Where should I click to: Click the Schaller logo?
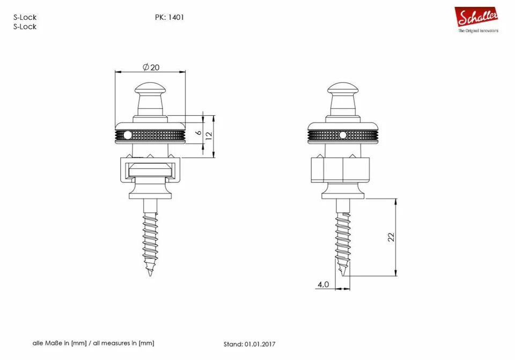click(476, 17)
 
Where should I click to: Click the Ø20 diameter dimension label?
click(151, 67)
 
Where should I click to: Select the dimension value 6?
click(198, 133)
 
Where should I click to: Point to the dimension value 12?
click(209, 135)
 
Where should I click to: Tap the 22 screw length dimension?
click(392, 237)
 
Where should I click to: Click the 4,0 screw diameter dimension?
click(323, 284)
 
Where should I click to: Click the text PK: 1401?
click(169, 17)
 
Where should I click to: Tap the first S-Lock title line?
click(25, 17)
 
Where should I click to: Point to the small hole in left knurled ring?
click(127, 135)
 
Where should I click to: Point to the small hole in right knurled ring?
click(342, 135)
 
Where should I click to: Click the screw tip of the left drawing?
click(150, 272)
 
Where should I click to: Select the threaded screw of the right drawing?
click(343, 236)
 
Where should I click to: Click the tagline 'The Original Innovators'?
click(477, 31)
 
